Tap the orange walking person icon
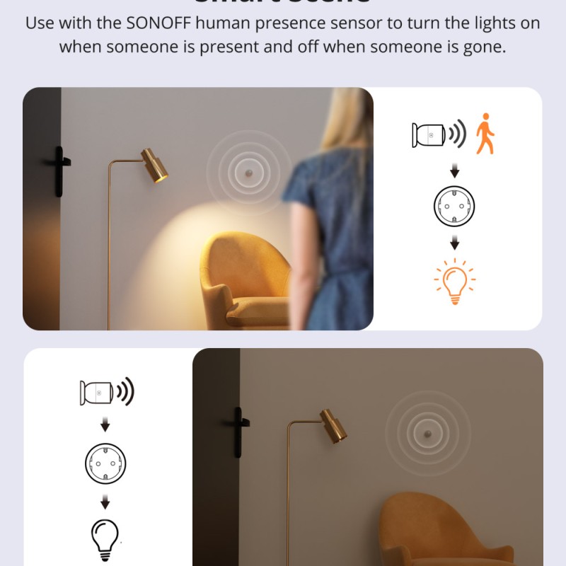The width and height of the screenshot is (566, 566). (485, 133)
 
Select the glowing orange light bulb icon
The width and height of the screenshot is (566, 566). (454, 281)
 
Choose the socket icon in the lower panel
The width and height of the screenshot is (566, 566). (105, 463)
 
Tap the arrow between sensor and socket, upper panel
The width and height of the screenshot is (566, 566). (454, 171)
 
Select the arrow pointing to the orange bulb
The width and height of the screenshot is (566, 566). (454, 243)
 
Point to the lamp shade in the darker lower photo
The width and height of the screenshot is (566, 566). (333, 426)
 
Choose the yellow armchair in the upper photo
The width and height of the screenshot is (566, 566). (244, 283)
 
